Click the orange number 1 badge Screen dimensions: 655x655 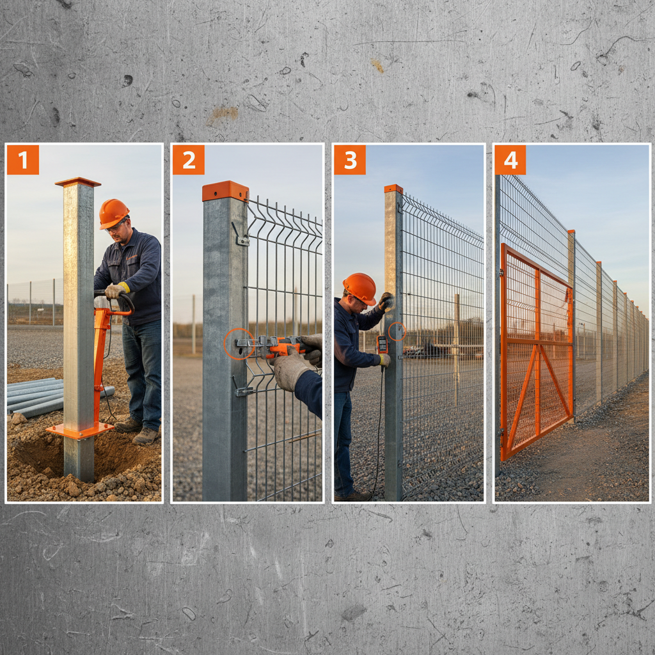pyautogui.click(x=23, y=160)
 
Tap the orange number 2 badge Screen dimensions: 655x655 pyautogui.click(x=188, y=160)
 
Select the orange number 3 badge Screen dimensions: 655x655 pyautogui.click(x=350, y=160)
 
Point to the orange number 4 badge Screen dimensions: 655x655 pyautogui.click(x=510, y=160)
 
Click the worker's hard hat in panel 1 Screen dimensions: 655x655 pyautogui.click(x=113, y=213)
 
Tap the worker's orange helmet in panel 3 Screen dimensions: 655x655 pyautogui.click(x=359, y=288)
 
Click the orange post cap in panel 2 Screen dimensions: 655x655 pyautogui.click(x=225, y=191)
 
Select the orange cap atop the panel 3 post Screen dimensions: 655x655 pyautogui.click(x=393, y=189)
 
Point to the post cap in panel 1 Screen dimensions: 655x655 pyautogui.click(x=78, y=182)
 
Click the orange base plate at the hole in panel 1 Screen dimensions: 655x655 pyautogui.click(x=80, y=430)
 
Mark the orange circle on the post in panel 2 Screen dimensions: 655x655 pyautogui.click(x=238, y=343)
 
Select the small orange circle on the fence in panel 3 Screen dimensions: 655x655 pyautogui.click(x=397, y=331)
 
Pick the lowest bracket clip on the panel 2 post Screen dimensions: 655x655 pyautogui.click(x=242, y=390)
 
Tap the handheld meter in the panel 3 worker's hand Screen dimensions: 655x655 pyautogui.click(x=382, y=344)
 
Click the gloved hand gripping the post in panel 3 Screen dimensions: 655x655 pyautogui.click(x=386, y=301)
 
